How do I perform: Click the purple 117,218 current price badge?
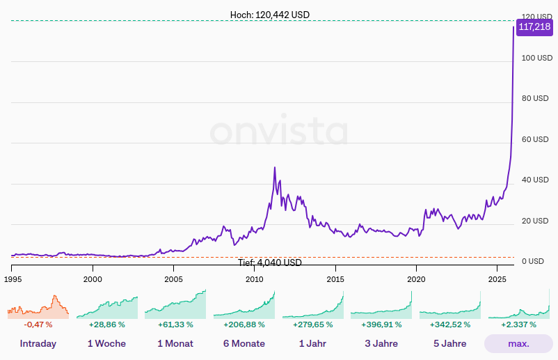pyautogui.click(x=534, y=27)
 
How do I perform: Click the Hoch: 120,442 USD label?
pyautogui.click(x=270, y=15)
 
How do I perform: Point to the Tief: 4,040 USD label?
pyautogui.click(x=270, y=263)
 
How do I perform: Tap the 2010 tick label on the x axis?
pyautogui.click(x=255, y=279)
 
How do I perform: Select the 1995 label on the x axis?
pyautogui.click(x=12, y=279)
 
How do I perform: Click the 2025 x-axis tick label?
pyautogui.click(x=497, y=279)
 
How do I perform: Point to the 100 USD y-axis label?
pyautogui.click(x=536, y=58)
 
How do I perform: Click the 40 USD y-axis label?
pyautogui.click(x=536, y=180)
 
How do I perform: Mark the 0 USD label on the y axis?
pyautogui.click(x=533, y=261)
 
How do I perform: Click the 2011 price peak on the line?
pyautogui.click(x=275, y=168)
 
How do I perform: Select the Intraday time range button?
pyautogui.click(x=38, y=343)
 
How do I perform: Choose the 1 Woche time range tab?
pyautogui.click(x=106, y=343)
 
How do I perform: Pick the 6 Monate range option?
pyautogui.click(x=244, y=343)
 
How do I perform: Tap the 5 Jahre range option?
pyautogui.click(x=449, y=343)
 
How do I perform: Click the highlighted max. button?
pyautogui.click(x=518, y=343)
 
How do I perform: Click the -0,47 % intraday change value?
pyautogui.click(x=38, y=324)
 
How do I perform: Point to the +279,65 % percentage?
pyautogui.click(x=312, y=324)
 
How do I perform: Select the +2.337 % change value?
pyautogui.click(x=518, y=324)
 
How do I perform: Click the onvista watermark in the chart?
pyautogui.click(x=278, y=132)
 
